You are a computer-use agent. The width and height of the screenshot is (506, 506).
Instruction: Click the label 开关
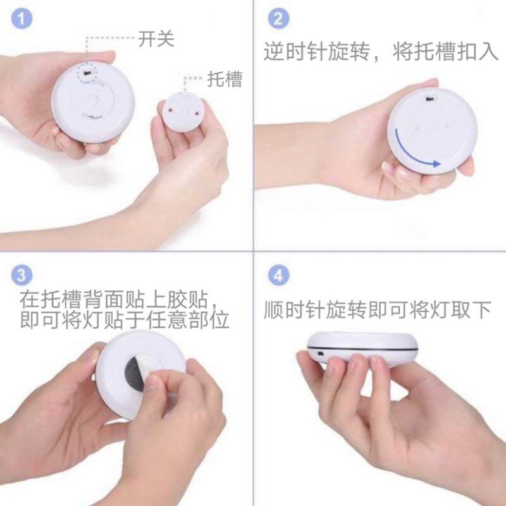point(156,39)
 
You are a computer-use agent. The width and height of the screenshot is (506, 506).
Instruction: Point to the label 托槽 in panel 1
point(225,79)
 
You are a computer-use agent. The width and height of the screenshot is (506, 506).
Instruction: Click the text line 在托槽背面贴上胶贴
point(120,297)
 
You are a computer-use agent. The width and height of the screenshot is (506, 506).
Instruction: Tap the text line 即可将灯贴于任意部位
point(124,319)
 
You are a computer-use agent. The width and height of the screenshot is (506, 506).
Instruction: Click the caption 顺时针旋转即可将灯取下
point(378,309)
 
